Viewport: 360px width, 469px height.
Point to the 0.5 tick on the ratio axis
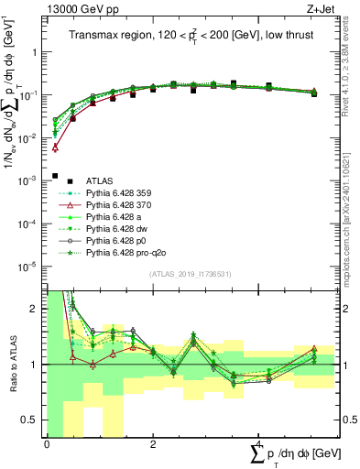(32, 420)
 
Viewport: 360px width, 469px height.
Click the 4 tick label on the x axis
(259, 444)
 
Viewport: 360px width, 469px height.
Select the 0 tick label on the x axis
(46, 444)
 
